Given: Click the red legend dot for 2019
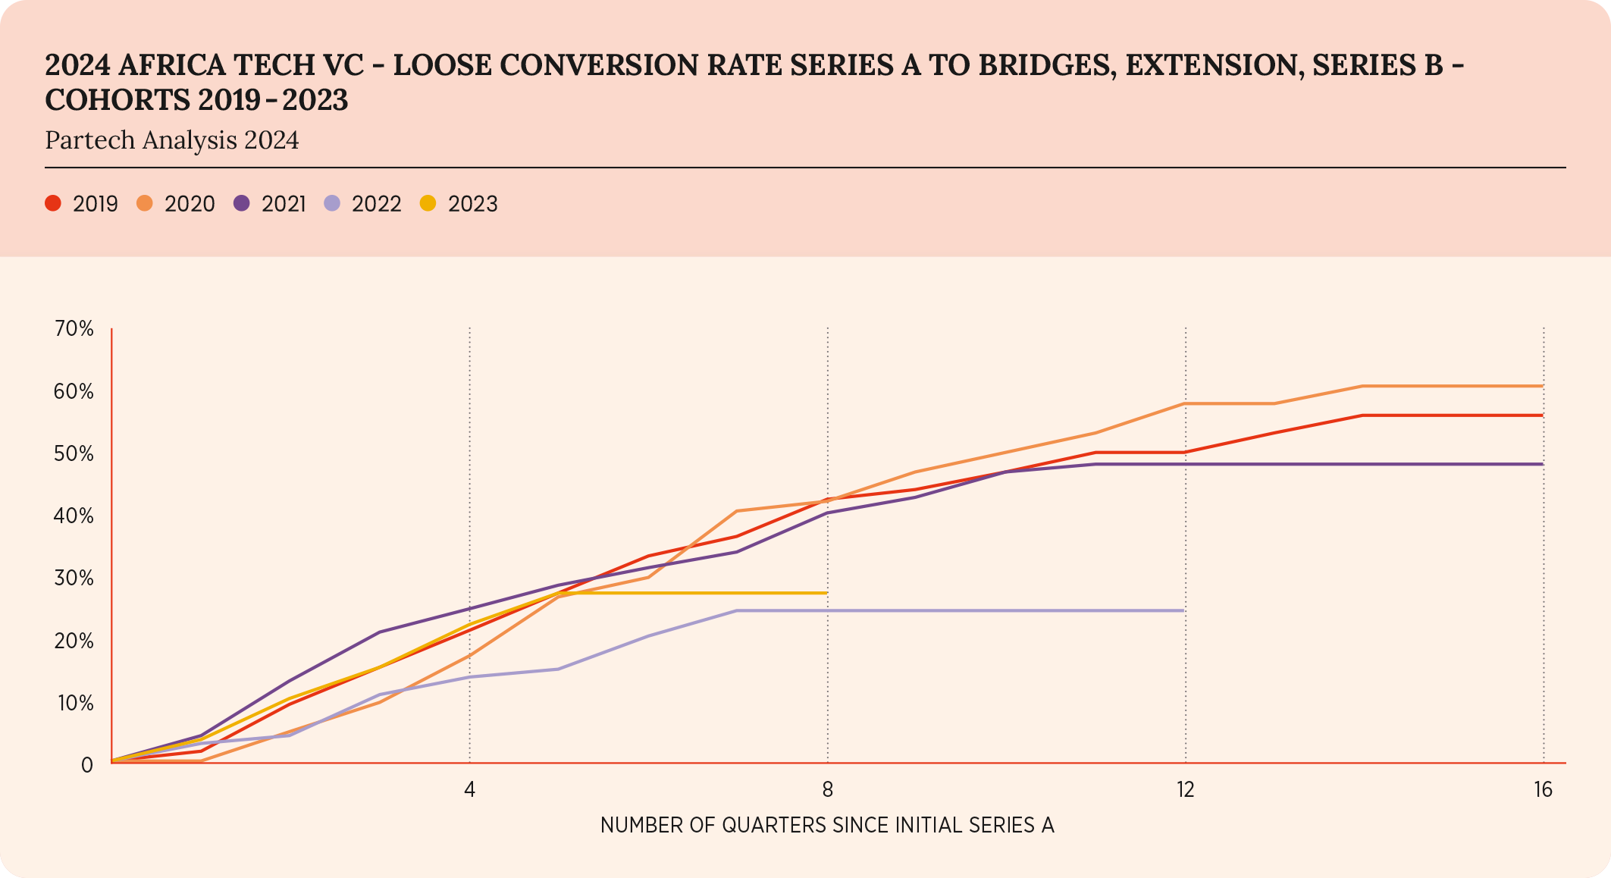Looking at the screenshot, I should (53, 203).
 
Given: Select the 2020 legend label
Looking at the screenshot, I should (190, 204).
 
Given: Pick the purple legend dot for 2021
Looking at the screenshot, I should (242, 203).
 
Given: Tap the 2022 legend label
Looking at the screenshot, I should (376, 204).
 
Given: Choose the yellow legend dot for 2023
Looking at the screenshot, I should (428, 203).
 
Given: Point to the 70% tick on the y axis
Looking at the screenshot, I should (74, 329).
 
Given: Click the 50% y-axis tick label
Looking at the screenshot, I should (74, 454).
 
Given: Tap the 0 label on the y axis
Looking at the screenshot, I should (87, 765).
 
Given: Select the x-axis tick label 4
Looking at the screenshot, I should (470, 790).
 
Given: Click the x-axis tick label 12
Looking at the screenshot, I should (1185, 790).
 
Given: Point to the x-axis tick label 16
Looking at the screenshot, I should (1543, 790).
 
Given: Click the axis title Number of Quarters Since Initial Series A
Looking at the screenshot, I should (827, 825).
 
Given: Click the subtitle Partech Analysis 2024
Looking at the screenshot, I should (172, 140).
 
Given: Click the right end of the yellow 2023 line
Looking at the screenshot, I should (826, 593).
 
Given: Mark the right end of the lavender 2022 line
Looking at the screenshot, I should (1183, 610).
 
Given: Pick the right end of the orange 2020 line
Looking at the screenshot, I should (1542, 386).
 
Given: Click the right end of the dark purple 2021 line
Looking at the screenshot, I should (1542, 464).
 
